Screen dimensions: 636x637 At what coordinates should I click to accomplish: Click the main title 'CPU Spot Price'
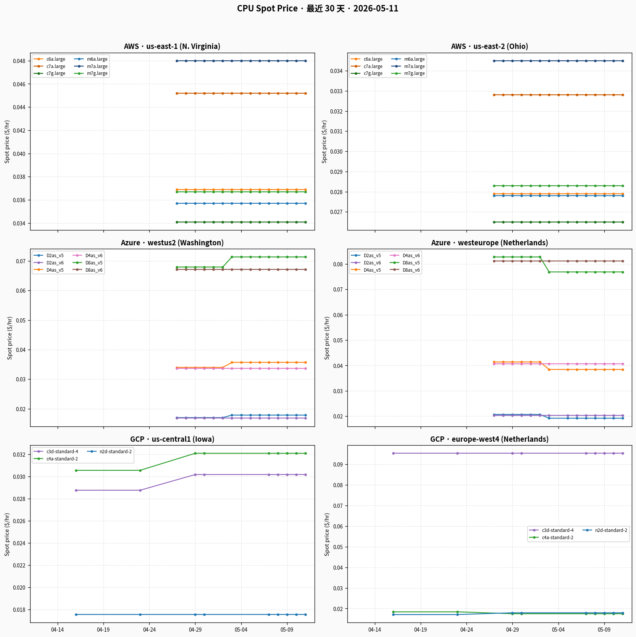(267, 8)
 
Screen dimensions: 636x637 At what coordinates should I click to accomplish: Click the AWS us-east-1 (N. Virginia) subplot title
(172, 46)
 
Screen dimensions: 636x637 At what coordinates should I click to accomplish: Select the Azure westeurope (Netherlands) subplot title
(489, 243)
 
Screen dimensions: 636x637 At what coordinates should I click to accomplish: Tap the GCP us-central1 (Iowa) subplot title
(172, 439)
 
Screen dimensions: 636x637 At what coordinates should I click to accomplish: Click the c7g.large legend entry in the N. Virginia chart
(50, 73)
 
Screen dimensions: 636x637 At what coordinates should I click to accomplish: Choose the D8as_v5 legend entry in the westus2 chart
(88, 263)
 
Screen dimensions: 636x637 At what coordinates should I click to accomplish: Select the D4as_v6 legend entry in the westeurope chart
(405, 256)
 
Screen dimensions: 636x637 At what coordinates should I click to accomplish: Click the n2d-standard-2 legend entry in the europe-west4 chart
(605, 530)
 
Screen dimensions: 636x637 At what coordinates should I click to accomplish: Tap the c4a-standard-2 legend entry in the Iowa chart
(56, 459)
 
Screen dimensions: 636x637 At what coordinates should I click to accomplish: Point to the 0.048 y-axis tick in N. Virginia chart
(19, 61)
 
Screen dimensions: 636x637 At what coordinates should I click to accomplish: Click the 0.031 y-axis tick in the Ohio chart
(336, 131)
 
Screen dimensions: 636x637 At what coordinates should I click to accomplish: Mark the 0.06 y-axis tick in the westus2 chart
(21, 291)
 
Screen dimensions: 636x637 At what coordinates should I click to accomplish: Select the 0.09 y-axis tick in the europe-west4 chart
(338, 465)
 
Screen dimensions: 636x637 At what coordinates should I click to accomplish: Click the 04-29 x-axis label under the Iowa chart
(195, 630)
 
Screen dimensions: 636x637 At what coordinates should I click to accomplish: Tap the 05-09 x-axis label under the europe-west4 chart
(604, 630)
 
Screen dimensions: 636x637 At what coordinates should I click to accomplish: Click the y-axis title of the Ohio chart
(324, 142)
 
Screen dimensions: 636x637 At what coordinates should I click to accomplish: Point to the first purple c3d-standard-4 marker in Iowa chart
(76, 490)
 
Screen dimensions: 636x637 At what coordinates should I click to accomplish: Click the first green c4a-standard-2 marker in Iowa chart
(76, 470)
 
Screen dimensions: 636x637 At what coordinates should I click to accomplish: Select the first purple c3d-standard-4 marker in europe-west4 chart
(393, 453)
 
